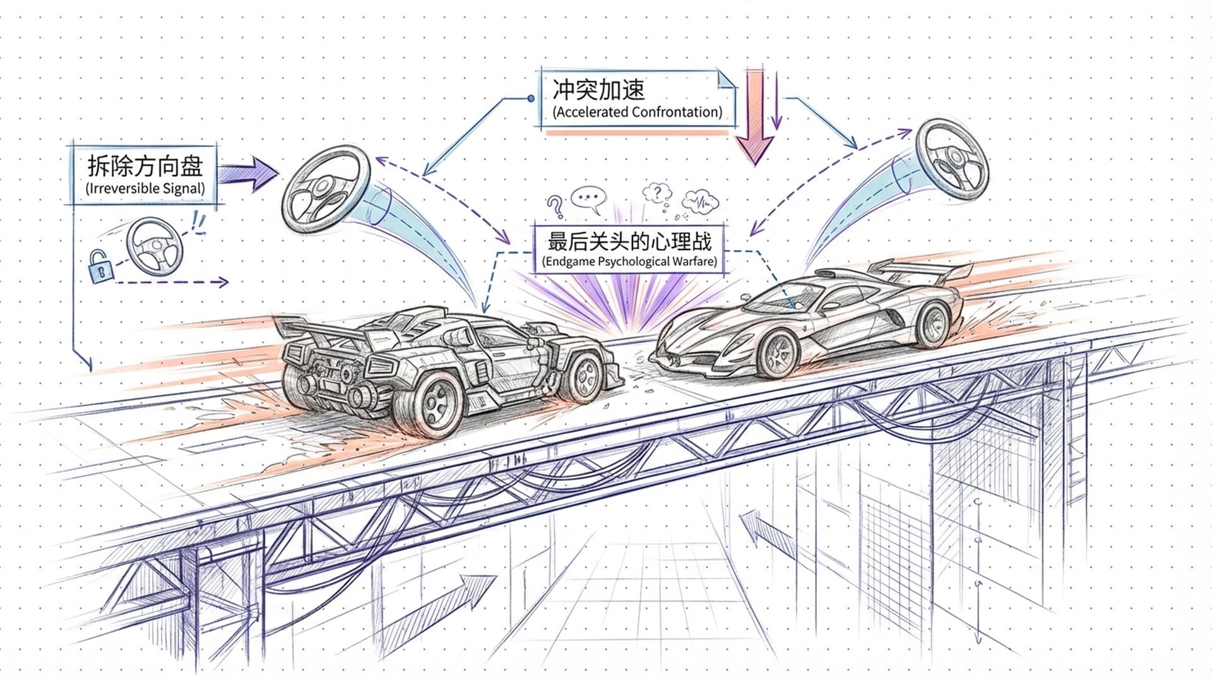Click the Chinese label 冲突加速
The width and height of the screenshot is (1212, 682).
tap(598, 90)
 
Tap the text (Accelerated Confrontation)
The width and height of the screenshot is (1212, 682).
tap(637, 112)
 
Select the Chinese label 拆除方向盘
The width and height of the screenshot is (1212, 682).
tap(145, 166)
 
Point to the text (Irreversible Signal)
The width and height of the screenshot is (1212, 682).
tap(145, 188)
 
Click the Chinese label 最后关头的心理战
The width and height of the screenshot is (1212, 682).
tap(629, 241)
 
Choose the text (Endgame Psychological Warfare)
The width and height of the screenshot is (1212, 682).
tap(629, 261)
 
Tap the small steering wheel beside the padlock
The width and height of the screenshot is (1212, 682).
tap(154, 246)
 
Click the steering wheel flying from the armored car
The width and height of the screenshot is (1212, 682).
tap(325, 188)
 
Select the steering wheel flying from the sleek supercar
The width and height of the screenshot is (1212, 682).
tap(952, 159)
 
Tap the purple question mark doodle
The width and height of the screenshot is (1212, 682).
tap(555, 206)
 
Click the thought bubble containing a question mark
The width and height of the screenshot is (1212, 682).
tap(658, 192)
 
